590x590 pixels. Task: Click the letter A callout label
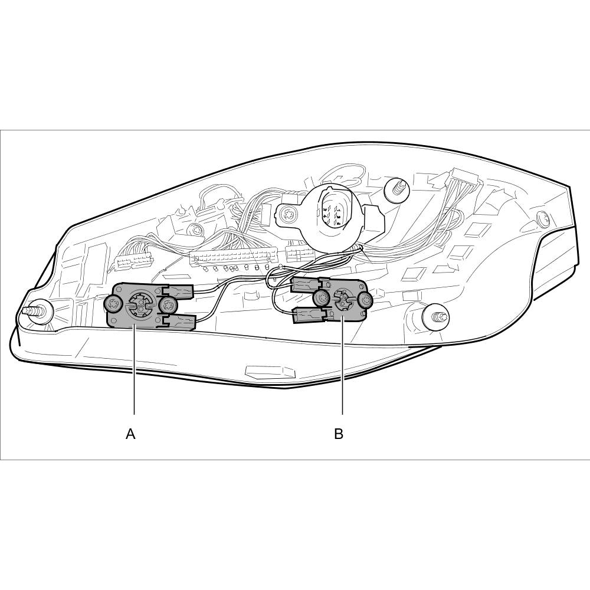pyautogui.click(x=130, y=434)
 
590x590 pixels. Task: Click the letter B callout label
pyautogui.click(x=339, y=434)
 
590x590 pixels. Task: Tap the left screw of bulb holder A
pyautogui.click(x=113, y=303)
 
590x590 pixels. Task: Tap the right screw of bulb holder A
pyautogui.click(x=167, y=304)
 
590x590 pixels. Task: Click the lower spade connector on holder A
pyautogui.click(x=179, y=322)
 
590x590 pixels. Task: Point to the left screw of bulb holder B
pyautogui.click(x=321, y=299)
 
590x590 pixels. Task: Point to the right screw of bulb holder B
pyautogui.click(x=364, y=300)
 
